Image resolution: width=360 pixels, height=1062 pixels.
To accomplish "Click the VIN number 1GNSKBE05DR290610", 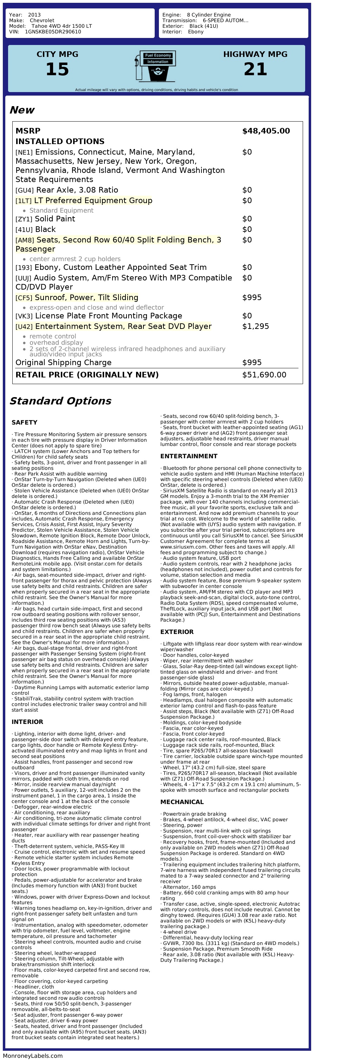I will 53,32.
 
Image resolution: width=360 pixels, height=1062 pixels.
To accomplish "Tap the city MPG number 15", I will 57,69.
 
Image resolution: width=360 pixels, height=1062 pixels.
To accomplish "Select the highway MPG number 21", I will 255,69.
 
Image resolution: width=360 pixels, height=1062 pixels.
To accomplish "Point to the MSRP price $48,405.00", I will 266,131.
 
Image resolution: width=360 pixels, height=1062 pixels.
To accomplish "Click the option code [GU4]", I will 24,190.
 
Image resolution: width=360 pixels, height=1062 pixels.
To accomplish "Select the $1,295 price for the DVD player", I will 255,326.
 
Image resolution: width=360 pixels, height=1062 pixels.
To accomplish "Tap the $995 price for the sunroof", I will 252,298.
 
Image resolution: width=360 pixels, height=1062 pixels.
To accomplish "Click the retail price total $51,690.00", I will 264,375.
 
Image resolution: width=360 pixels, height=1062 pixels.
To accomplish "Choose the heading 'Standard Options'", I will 60,401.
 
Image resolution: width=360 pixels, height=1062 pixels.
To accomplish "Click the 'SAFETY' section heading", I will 24,422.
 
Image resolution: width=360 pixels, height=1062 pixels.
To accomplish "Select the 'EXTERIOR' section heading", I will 176,632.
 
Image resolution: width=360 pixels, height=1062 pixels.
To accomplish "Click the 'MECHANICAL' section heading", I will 182,802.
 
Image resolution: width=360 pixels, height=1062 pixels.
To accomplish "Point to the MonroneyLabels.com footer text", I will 33,1056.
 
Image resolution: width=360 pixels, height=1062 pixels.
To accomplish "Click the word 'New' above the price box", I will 22,110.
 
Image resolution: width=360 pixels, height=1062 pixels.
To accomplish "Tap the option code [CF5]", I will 24,298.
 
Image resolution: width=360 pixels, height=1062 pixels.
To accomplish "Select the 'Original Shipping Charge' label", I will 64,362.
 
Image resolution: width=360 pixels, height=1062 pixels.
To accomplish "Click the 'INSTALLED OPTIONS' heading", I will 60,141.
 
